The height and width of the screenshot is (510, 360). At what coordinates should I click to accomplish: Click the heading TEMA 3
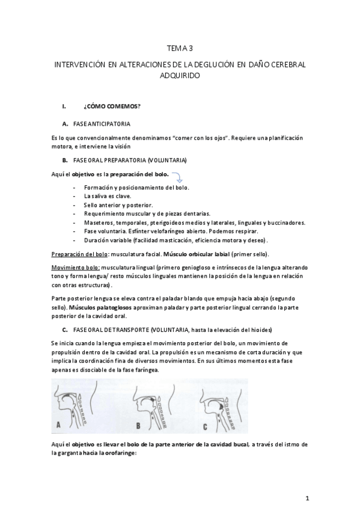tap(179, 48)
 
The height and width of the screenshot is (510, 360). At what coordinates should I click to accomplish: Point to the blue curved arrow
tap(178, 178)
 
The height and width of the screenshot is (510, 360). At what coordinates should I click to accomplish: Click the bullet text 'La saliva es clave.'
tap(108, 196)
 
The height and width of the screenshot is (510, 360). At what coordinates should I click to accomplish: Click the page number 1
tap(307, 498)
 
